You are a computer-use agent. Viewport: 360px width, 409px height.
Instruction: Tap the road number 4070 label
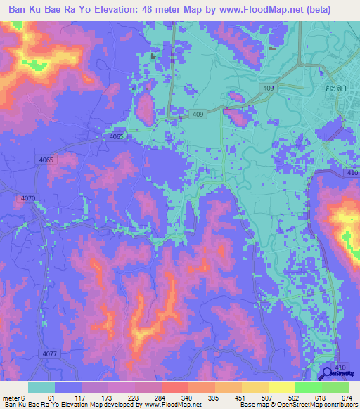pyautogui.click(x=28, y=199)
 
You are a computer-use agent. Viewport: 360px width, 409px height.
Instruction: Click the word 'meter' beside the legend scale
pyautogui.click(x=12, y=397)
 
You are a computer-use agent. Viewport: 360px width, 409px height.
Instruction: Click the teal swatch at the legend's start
pyautogui.click(x=41, y=387)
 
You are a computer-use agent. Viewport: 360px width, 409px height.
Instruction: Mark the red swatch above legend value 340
pyautogui.click(x=174, y=387)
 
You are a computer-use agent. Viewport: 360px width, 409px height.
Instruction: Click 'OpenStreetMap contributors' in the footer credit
pyautogui.click(x=316, y=405)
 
